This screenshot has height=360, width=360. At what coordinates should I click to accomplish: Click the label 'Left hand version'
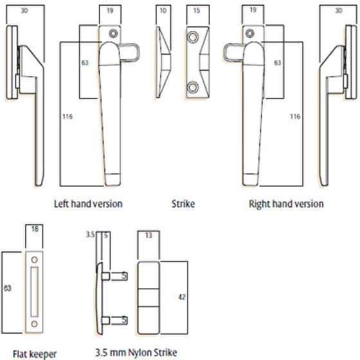[x=88, y=204]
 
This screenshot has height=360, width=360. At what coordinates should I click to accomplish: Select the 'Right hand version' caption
[x=286, y=204]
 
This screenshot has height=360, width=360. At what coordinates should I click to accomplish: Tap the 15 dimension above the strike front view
[x=195, y=11]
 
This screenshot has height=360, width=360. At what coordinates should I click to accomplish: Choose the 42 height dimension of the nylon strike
[x=182, y=297]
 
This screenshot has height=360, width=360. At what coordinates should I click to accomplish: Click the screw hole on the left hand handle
[x=113, y=33]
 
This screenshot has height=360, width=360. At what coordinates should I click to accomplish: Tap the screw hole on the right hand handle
[x=246, y=33]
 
